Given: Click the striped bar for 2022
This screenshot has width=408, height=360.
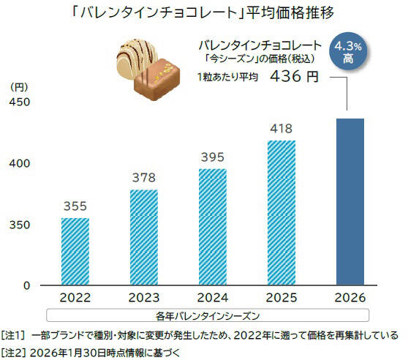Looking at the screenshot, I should (x=75, y=251).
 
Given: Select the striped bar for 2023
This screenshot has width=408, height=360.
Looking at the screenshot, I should (x=144, y=237).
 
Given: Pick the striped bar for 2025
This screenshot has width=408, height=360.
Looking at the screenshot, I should (x=282, y=212).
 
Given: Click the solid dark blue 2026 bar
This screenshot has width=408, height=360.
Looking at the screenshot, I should (x=350, y=201).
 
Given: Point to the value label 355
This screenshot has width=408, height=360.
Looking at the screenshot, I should (x=75, y=206).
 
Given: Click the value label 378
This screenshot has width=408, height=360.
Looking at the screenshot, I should (x=144, y=178).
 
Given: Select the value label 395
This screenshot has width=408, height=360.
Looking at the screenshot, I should (x=213, y=157).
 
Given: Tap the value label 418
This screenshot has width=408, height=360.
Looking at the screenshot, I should (x=282, y=128).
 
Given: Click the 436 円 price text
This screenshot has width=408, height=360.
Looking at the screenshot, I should (x=296, y=78).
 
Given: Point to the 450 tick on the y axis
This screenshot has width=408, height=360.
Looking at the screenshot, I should (x=20, y=102).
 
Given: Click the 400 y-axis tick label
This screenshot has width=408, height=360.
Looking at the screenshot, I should (x=20, y=163).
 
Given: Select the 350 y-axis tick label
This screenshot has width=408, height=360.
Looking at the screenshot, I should (x=20, y=225).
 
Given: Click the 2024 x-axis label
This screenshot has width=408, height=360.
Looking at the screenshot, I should (x=213, y=299).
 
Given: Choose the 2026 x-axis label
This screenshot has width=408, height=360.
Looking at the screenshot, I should (x=350, y=299).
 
